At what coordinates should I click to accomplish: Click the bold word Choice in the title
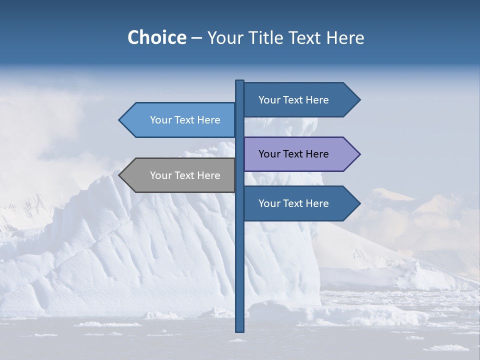click(x=156, y=37)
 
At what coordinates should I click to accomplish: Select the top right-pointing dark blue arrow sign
click(x=295, y=100)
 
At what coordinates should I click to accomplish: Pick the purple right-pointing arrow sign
click(x=295, y=154)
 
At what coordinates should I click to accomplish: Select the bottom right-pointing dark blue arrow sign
click(x=295, y=203)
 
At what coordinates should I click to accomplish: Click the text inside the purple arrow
click(x=293, y=154)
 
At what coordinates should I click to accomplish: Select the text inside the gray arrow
click(x=185, y=175)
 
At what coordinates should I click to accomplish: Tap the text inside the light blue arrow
click(x=185, y=120)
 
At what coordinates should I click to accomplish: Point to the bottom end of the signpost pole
click(x=239, y=330)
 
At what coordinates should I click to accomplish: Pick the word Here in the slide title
click(x=345, y=38)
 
